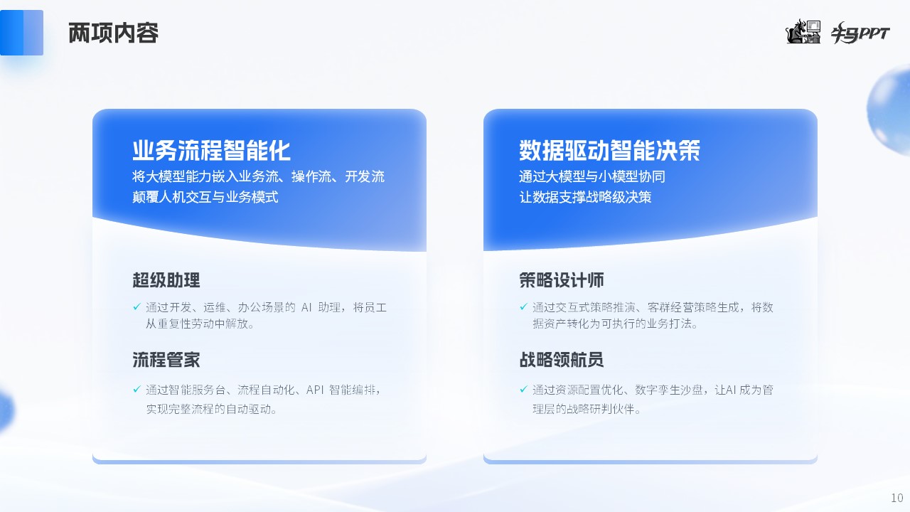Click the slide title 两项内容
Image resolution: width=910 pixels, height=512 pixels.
tap(113, 33)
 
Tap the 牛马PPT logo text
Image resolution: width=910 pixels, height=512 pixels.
tap(860, 33)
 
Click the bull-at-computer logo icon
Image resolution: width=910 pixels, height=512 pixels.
tap(803, 31)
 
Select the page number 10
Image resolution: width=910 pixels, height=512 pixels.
tap(896, 498)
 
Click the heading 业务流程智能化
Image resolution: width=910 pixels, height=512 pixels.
tap(211, 150)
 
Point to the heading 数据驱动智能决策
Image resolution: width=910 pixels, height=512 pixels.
tap(609, 150)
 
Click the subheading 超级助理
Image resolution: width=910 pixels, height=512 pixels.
tap(166, 280)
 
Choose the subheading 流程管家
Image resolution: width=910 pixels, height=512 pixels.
tap(166, 360)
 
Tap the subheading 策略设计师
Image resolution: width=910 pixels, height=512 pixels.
tap(562, 280)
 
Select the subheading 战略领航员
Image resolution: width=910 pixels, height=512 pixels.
tap(562, 360)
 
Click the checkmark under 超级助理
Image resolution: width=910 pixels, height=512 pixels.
tap(137, 306)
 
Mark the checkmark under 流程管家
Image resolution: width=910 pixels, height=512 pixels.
tap(137, 389)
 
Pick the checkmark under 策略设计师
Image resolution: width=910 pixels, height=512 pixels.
tap(524, 306)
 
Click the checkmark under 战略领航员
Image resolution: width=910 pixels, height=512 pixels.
tap(524, 389)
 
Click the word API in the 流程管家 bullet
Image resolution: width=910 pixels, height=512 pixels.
tap(315, 390)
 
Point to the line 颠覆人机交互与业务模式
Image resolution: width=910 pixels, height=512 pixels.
tap(205, 197)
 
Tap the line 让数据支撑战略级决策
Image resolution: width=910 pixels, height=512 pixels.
tap(585, 197)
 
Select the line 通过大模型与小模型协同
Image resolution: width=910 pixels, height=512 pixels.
tap(592, 176)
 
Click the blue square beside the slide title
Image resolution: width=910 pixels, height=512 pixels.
tap(21, 33)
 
